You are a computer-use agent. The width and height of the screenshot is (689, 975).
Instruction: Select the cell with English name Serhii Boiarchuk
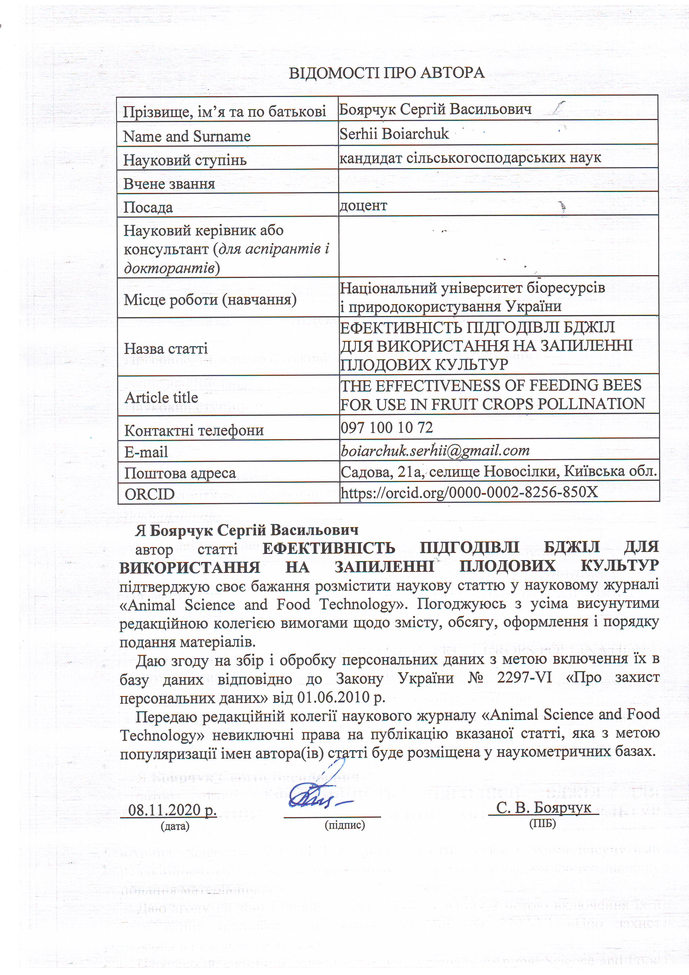coord(394,134)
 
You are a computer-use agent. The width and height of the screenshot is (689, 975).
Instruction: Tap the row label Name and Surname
coord(187,136)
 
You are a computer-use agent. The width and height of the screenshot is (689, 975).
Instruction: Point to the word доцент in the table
coord(363,205)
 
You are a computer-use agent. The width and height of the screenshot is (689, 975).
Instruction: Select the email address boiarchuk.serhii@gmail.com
coord(435,450)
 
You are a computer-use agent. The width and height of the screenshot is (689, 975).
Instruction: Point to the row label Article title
coord(161,397)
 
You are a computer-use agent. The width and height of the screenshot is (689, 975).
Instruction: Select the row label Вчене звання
coord(169,184)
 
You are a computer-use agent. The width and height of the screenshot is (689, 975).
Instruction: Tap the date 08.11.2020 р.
coord(172,810)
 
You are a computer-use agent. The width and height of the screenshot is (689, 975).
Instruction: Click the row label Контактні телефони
coord(194,431)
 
